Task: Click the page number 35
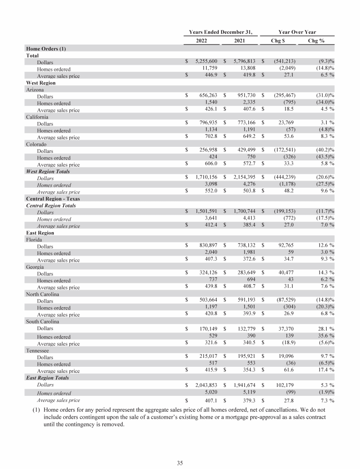[x=180, y=463]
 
